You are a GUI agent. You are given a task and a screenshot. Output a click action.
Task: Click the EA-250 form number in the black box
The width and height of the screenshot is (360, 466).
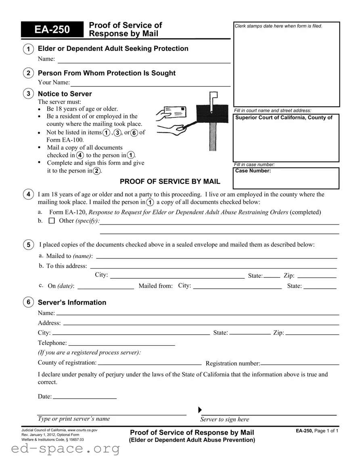[52, 30]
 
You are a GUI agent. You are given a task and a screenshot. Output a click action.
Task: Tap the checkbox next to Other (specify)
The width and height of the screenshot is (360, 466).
[51, 221]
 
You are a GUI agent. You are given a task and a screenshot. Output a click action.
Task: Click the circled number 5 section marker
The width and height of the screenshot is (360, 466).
[28, 245]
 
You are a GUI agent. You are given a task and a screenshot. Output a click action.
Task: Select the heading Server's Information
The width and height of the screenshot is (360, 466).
[72, 302]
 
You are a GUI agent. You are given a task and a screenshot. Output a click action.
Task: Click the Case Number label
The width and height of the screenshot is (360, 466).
[253, 171]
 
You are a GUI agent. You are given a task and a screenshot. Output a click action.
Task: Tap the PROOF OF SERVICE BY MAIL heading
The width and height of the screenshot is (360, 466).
[170, 181]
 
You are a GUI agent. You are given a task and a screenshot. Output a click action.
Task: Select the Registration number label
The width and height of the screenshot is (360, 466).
[232, 363]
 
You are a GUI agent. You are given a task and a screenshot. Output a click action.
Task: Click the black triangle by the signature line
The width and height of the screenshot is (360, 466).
[201, 410]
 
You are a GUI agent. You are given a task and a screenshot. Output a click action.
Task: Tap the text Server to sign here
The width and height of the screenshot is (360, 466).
[224, 420]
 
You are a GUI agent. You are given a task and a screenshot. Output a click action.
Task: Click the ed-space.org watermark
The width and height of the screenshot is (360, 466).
[60, 449]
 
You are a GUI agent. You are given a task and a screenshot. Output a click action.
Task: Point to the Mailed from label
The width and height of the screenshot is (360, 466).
[155, 286]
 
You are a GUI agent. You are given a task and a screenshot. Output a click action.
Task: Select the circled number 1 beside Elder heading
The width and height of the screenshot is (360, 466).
[28, 49]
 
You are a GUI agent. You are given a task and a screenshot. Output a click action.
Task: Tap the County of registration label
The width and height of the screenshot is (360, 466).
[67, 363]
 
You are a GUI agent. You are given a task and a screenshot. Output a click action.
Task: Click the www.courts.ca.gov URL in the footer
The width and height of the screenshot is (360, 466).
[82, 430]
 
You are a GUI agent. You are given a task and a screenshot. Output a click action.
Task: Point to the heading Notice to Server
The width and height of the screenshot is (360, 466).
[65, 94]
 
